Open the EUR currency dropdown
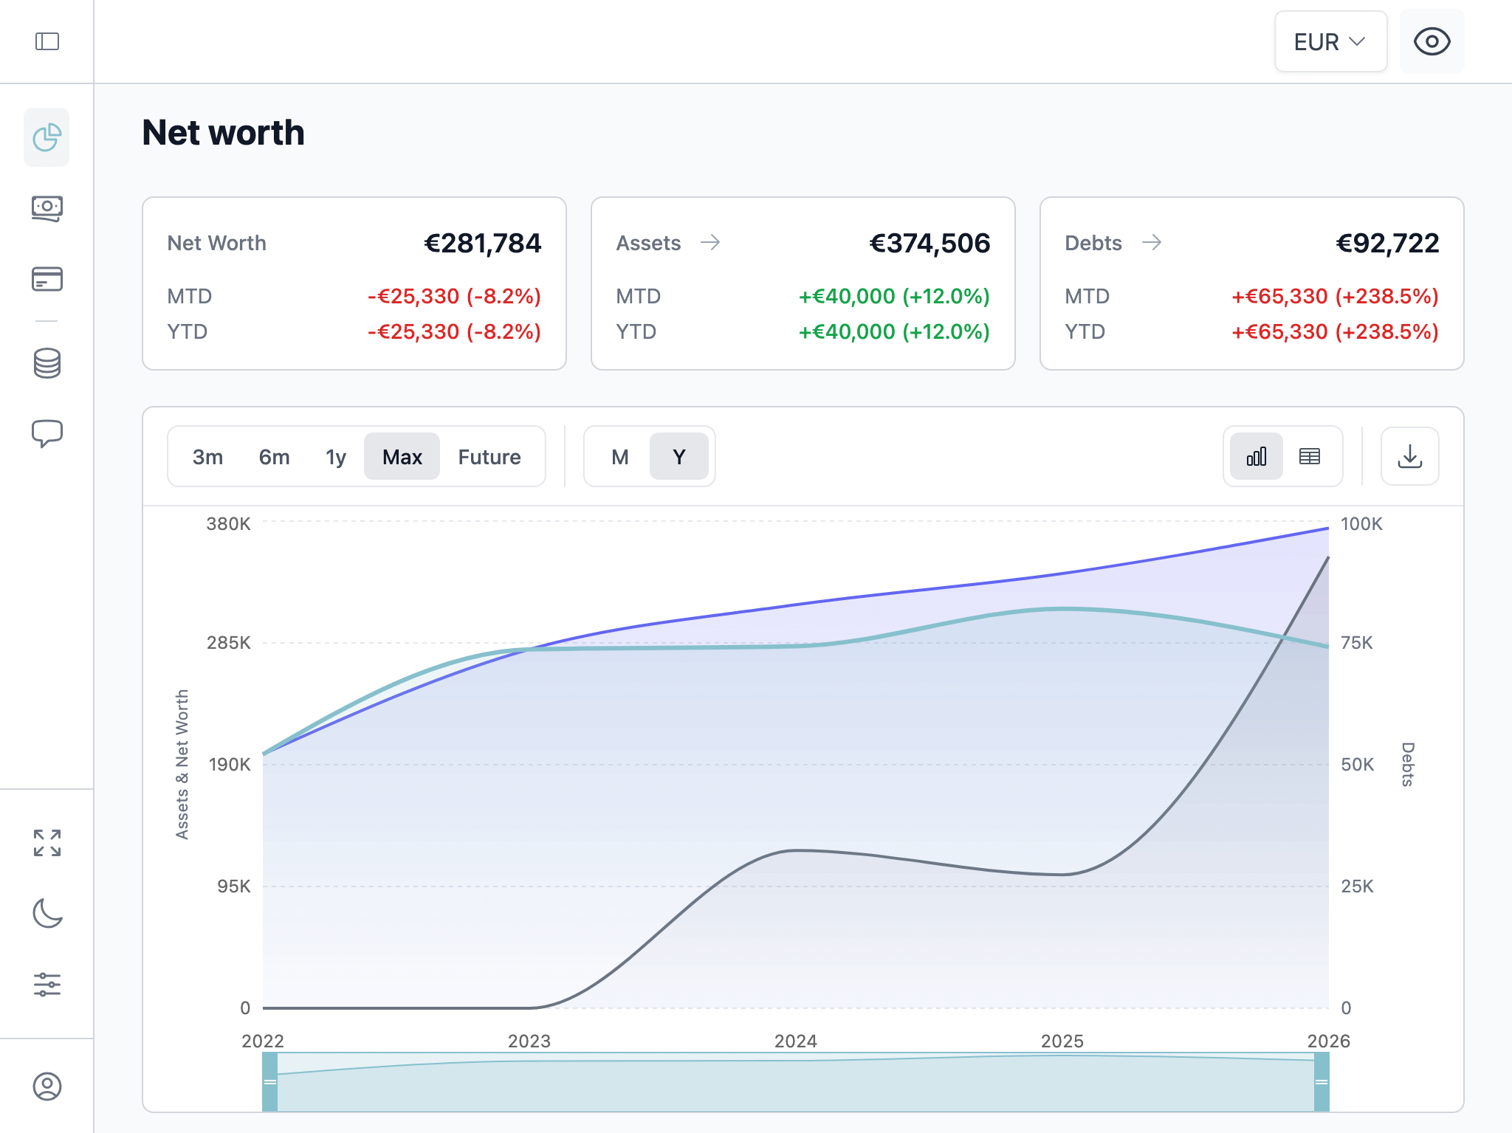click(x=1330, y=42)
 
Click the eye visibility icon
click(x=1432, y=42)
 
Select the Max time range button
click(x=402, y=457)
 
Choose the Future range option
click(x=489, y=457)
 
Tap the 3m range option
click(x=207, y=457)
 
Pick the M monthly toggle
click(x=619, y=457)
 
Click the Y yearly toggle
click(x=678, y=457)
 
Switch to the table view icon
click(x=1309, y=457)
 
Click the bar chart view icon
click(x=1256, y=457)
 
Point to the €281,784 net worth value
click(x=482, y=244)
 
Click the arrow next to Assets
click(x=710, y=243)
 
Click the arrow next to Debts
click(x=1152, y=243)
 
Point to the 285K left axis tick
click(x=228, y=643)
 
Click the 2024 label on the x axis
click(x=795, y=1041)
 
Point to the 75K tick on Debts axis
click(x=1356, y=643)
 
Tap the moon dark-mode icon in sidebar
click(x=47, y=913)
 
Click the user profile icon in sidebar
click(x=47, y=1086)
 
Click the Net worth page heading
click(x=223, y=133)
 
